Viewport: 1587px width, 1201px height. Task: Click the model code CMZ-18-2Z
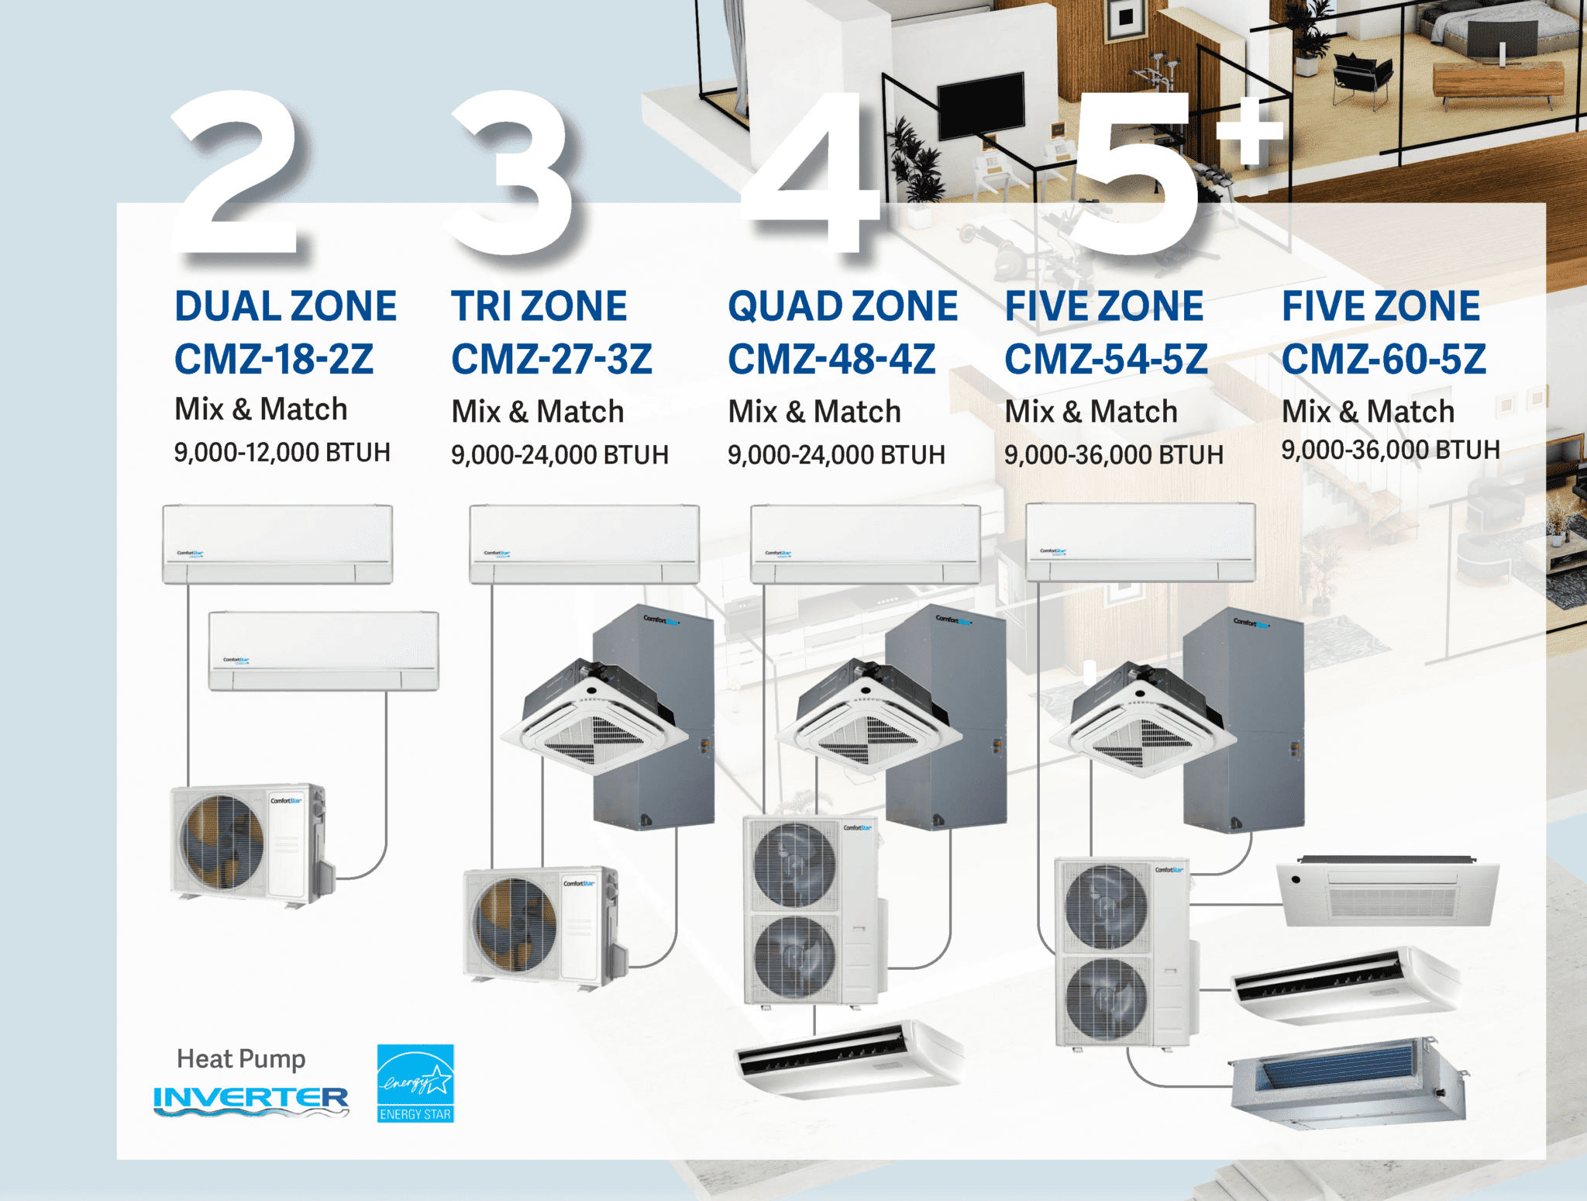(274, 359)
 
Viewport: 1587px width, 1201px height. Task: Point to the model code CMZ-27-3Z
(552, 359)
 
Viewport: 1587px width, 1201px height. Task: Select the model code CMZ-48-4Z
(831, 359)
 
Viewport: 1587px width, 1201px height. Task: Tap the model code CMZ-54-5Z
(1106, 359)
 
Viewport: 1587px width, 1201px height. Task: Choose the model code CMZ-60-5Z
(1384, 359)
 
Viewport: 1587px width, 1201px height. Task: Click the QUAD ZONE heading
(843, 306)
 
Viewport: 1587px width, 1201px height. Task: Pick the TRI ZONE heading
(539, 306)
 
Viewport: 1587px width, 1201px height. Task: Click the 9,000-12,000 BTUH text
(282, 452)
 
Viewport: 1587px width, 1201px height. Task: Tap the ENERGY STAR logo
(415, 1083)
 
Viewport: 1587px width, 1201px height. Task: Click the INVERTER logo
(251, 1100)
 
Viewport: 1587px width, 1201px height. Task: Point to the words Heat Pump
(241, 1059)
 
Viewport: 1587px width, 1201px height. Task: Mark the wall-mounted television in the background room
(981, 103)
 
